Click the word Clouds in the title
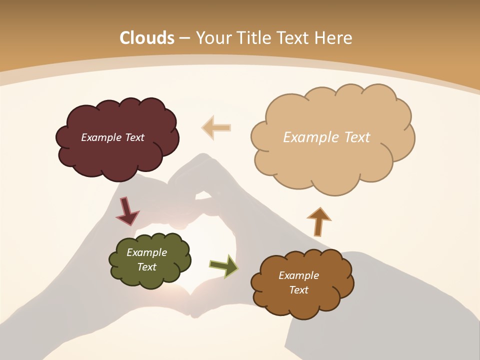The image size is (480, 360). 147,38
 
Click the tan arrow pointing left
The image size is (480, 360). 216,127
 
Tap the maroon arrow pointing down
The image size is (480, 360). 126,211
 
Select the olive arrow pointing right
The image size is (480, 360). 223,265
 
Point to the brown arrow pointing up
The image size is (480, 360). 318,221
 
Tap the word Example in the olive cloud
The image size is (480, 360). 146,252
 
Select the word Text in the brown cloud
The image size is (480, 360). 298,290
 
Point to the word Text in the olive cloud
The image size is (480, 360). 146,267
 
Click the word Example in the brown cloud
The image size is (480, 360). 298,275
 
